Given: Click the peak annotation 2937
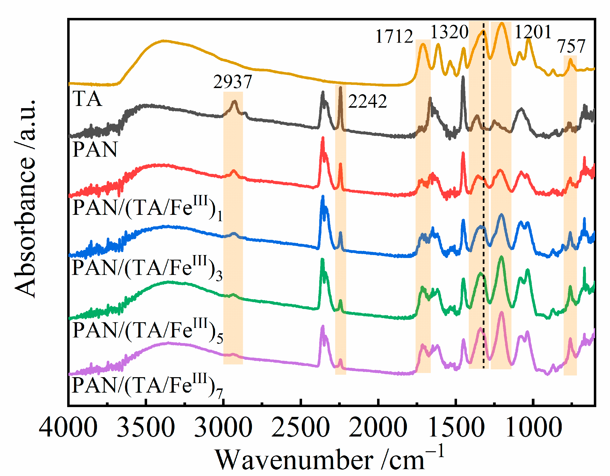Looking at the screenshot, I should (233, 82).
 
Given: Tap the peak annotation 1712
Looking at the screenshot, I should (394, 36).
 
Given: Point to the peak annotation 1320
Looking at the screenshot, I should (449, 32).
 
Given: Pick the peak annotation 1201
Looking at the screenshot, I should (533, 32).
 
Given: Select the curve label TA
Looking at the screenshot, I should (87, 99).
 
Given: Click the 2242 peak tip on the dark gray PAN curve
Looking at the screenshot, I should (340, 88).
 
